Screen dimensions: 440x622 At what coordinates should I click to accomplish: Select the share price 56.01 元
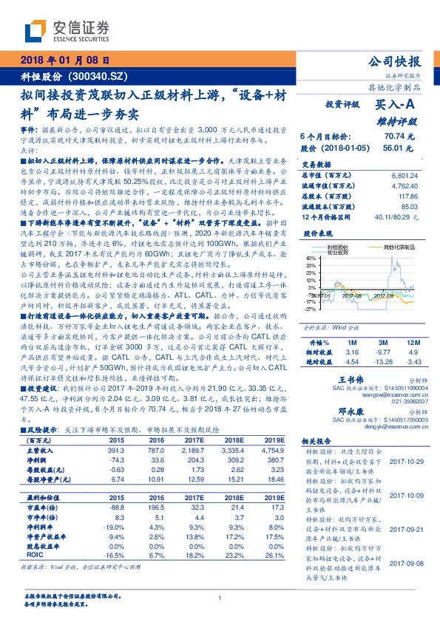[400, 148]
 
